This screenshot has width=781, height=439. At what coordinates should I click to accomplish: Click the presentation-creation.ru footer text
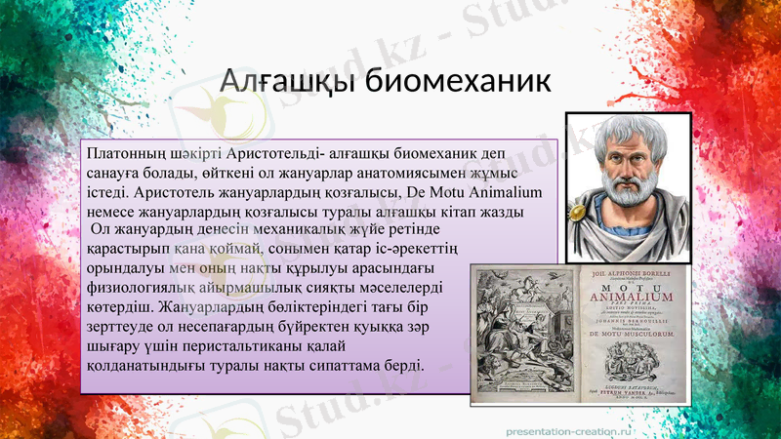point(568,428)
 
